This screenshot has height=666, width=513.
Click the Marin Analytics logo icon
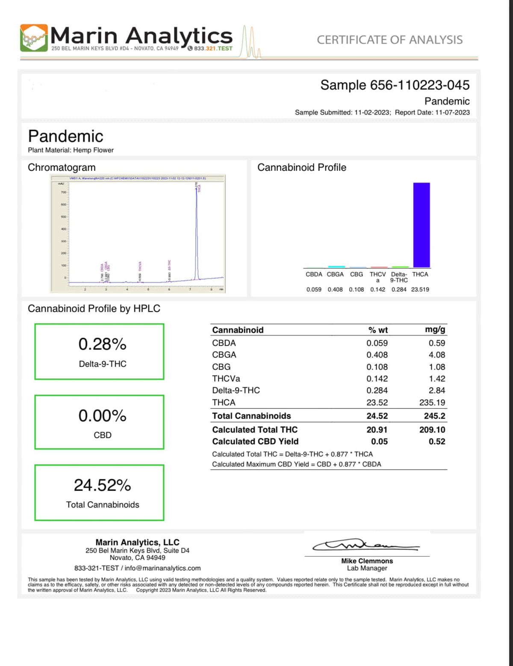tap(34, 38)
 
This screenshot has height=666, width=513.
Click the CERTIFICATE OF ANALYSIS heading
tap(389, 40)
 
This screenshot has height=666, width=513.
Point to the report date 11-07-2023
tap(452, 112)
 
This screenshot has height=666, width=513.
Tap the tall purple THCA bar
tap(421, 225)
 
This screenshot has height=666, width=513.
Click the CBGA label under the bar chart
tap(335, 274)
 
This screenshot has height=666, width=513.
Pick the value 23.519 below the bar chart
tap(420, 289)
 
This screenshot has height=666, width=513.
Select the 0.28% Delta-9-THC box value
tap(102, 344)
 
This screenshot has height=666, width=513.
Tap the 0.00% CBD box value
tap(102, 416)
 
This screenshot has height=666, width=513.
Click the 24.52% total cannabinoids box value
tap(102, 485)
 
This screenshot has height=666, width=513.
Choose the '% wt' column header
tap(378, 330)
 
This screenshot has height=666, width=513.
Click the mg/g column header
tap(435, 329)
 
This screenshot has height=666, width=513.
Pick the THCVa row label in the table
tap(226, 378)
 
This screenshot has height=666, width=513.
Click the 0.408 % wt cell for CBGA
tap(377, 355)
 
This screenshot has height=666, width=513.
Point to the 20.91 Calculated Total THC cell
tap(377, 430)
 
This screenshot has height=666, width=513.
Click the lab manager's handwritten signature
tap(366, 546)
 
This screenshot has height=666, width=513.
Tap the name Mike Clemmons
tap(367, 561)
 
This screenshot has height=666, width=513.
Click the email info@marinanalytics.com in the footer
tap(162, 568)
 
